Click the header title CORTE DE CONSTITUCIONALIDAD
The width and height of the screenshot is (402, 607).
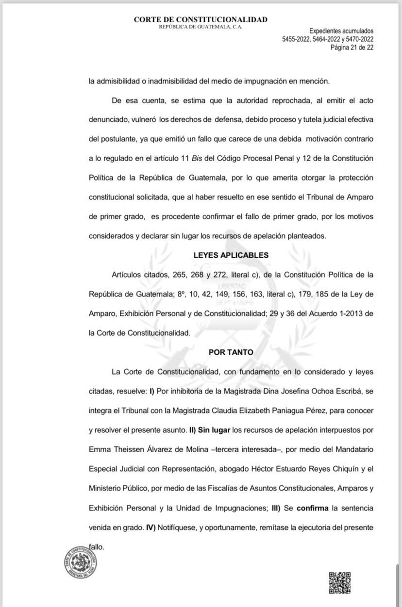click(201, 19)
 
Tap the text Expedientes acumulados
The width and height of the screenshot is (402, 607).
click(341, 31)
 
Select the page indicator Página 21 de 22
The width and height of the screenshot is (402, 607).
click(352, 48)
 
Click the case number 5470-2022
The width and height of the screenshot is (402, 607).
click(357, 39)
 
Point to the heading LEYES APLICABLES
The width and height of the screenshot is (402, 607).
click(231, 255)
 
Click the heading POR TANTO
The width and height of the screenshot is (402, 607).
click(231, 352)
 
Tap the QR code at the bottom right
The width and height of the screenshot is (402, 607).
click(340, 583)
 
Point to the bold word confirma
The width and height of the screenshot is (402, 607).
click(312, 508)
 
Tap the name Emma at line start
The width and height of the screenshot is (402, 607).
click(100, 449)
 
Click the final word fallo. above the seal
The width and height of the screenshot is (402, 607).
click(97, 546)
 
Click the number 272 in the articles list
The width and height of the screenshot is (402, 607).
click(214, 275)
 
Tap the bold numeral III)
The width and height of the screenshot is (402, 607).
click(276, 508)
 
